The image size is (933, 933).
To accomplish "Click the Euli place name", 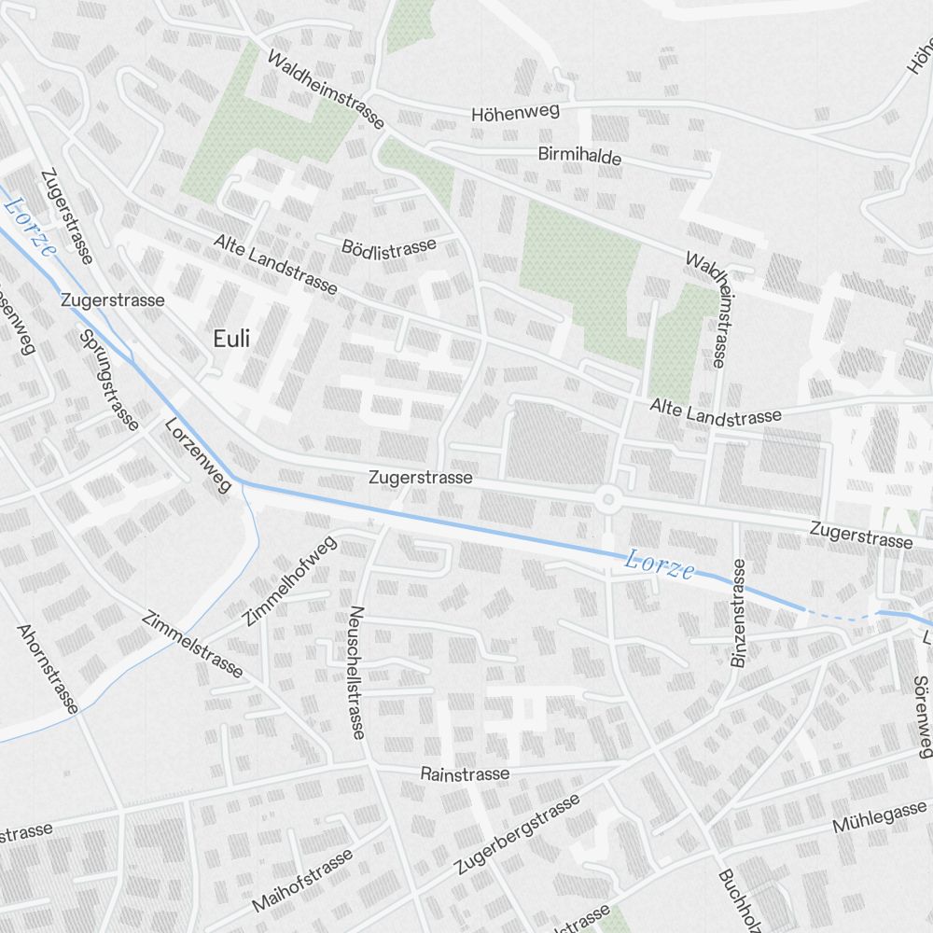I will click(x=231, y=339).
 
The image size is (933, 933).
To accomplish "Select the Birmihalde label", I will click(x=579, y=155).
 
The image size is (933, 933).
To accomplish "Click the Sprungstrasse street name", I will click(x=109, y=380).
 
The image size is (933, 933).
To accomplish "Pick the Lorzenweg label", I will click(x=198, y=457).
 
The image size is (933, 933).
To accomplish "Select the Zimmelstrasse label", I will click(x=194, y=645).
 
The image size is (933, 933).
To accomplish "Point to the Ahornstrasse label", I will click(x=48, y=669).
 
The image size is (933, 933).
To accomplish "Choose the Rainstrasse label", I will click(x=465, y=773).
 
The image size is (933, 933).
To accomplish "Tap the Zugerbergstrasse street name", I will click(x=518, y=834).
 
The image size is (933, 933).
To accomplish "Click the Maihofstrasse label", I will click(x=302, y=881).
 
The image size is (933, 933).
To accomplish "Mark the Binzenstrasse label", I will click(x=739, y=613).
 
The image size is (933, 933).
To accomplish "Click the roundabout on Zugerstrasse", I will click(x=608, y=500).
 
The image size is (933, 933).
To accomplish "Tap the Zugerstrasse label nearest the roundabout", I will click(x=421, y=478).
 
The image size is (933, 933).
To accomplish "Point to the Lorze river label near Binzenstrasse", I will click(x=660, y=564).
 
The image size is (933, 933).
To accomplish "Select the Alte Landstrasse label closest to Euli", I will click(x=275, y=264).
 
